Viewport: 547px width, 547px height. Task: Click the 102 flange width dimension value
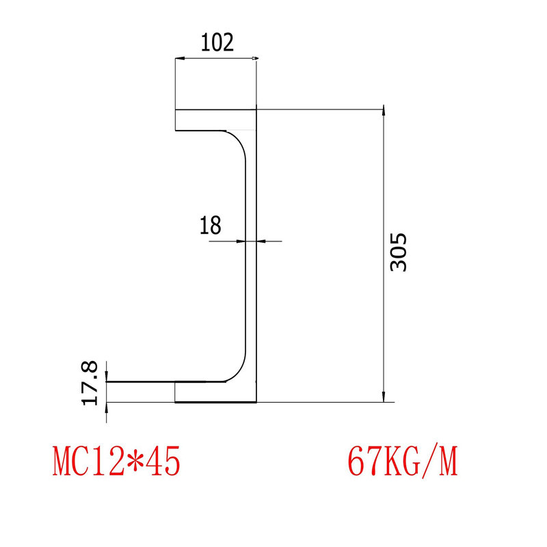(217, 42)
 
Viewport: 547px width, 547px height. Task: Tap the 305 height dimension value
(398, 252)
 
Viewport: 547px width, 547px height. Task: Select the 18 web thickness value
(210, 225)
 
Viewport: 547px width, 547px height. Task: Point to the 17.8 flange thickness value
(92, 383)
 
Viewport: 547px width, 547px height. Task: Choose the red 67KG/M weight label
(402, 462)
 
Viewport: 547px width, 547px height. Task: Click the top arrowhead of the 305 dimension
(384, 114)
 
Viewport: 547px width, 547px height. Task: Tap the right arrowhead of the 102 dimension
(254, 59)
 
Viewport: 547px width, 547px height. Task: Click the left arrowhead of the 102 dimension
(178, 59)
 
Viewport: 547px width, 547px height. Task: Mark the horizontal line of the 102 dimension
(216, 59)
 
